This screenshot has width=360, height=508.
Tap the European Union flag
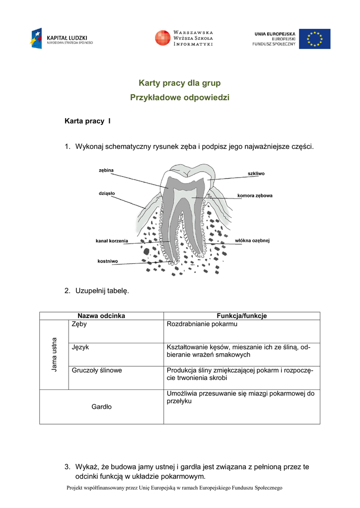tap(314, 39)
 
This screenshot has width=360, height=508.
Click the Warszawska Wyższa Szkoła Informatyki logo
tap(184, 38)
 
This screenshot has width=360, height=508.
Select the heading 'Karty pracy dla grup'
tap(179, 83)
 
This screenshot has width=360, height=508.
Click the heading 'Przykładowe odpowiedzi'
tap(180, 98)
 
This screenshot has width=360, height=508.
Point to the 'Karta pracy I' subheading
tap(87, 121)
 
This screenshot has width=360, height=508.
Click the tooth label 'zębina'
tap(106, 170)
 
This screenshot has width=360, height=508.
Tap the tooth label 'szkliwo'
tap(256, 174)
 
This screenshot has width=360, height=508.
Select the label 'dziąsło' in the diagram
tap(106, 193)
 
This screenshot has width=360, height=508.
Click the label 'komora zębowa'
tap(255, 195)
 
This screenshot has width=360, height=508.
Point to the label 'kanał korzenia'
tap(112, 241)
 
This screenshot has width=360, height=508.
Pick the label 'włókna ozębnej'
tap(252, 241)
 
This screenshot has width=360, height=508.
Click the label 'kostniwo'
tap(108, 261)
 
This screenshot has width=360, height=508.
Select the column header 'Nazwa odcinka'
tap(101, 316)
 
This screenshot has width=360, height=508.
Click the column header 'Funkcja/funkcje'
tap(242, 316)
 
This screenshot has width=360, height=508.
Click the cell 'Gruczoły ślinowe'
tap(97, 370)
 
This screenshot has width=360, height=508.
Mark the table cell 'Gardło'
tap(101, 407)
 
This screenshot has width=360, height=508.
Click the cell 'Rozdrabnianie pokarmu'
tap(202, 324)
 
